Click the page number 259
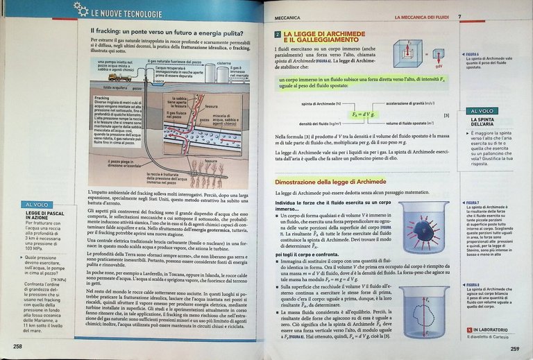click(x=514, y=349)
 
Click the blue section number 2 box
click(x=277, y=34)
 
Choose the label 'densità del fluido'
click(x=307, y=123)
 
